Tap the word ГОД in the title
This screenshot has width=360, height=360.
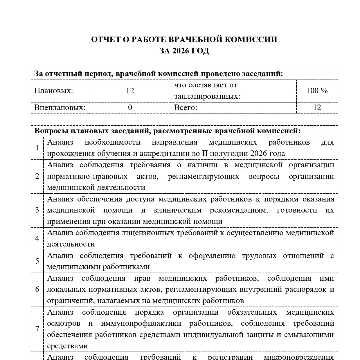201,51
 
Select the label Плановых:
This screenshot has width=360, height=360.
54,91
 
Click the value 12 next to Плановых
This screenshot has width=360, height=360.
130,91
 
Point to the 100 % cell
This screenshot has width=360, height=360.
317,91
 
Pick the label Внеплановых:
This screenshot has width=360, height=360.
60,108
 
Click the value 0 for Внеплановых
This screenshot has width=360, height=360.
130,108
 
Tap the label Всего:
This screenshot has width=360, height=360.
186,108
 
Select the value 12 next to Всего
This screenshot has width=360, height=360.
317,108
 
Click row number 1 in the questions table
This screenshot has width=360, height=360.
37,148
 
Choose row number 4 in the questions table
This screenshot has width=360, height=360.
37,238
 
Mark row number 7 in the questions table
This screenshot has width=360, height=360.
37,329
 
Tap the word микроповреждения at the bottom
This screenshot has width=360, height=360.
299,357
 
